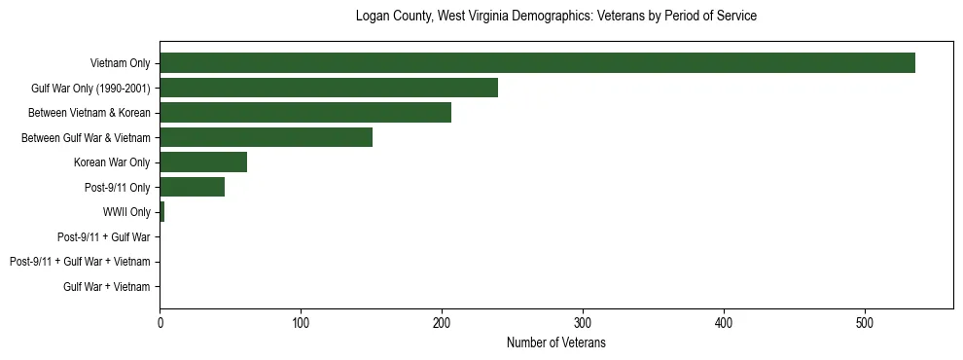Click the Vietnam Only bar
click(x=537, y=63)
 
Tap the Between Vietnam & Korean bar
click(x=305, y=113)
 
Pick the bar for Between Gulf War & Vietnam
click(x=266, y=138)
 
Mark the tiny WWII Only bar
click(x=161, y=212)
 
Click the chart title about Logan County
click(x=555, y=17)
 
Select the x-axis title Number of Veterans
click(x=555, y=342)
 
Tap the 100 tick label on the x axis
click(x=301, y=322)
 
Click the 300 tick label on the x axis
click(x=583, y=322)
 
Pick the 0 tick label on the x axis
click(x=160, y=322)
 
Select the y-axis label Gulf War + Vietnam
click(x=106, y=287)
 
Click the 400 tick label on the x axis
click(x=724, y=322)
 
